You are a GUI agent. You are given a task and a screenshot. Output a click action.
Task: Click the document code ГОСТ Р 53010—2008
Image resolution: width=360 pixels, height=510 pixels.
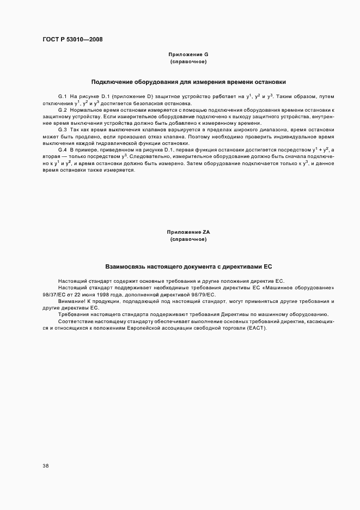(72, 39)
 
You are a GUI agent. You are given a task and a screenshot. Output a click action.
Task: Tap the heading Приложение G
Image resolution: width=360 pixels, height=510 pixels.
(188, 54)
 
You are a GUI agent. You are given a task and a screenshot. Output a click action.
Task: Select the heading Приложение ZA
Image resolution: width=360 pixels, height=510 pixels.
(188, 232)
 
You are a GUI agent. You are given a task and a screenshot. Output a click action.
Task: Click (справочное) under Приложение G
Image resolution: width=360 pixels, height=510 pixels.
(188, 62)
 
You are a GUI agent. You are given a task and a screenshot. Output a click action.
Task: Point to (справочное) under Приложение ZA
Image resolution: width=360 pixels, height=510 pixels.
(188, 239)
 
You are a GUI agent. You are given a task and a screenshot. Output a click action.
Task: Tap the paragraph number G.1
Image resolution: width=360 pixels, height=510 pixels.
(62, 96)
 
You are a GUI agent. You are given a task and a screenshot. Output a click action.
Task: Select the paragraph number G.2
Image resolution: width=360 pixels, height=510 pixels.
(62, 110)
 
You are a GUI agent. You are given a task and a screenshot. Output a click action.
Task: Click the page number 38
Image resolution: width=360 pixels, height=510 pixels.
(45, 466)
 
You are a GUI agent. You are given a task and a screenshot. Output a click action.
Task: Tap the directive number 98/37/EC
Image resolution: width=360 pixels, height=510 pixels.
(54, 294)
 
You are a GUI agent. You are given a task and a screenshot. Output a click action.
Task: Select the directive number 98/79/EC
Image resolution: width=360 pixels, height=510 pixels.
(203, 294)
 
